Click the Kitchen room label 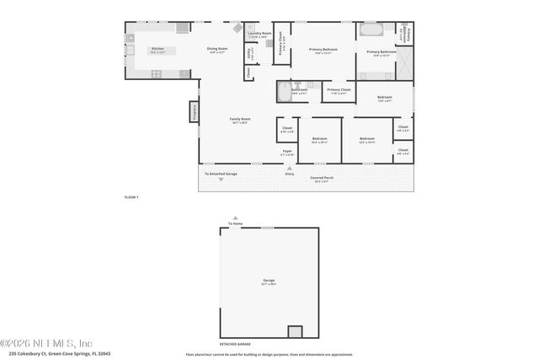click(157, 50)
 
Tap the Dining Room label click(217, 50)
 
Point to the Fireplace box click(193, 112)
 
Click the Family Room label click(240, 120)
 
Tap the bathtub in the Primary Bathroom click(371, 31)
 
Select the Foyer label click(287, 153)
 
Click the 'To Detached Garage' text click(221, 174)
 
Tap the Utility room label click(249, 53)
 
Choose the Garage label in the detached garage click(269, 281)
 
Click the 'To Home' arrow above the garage click(235, 218)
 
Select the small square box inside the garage click(295, 331)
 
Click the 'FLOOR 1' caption click(131, 196)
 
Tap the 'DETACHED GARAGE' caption click(235, 344)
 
